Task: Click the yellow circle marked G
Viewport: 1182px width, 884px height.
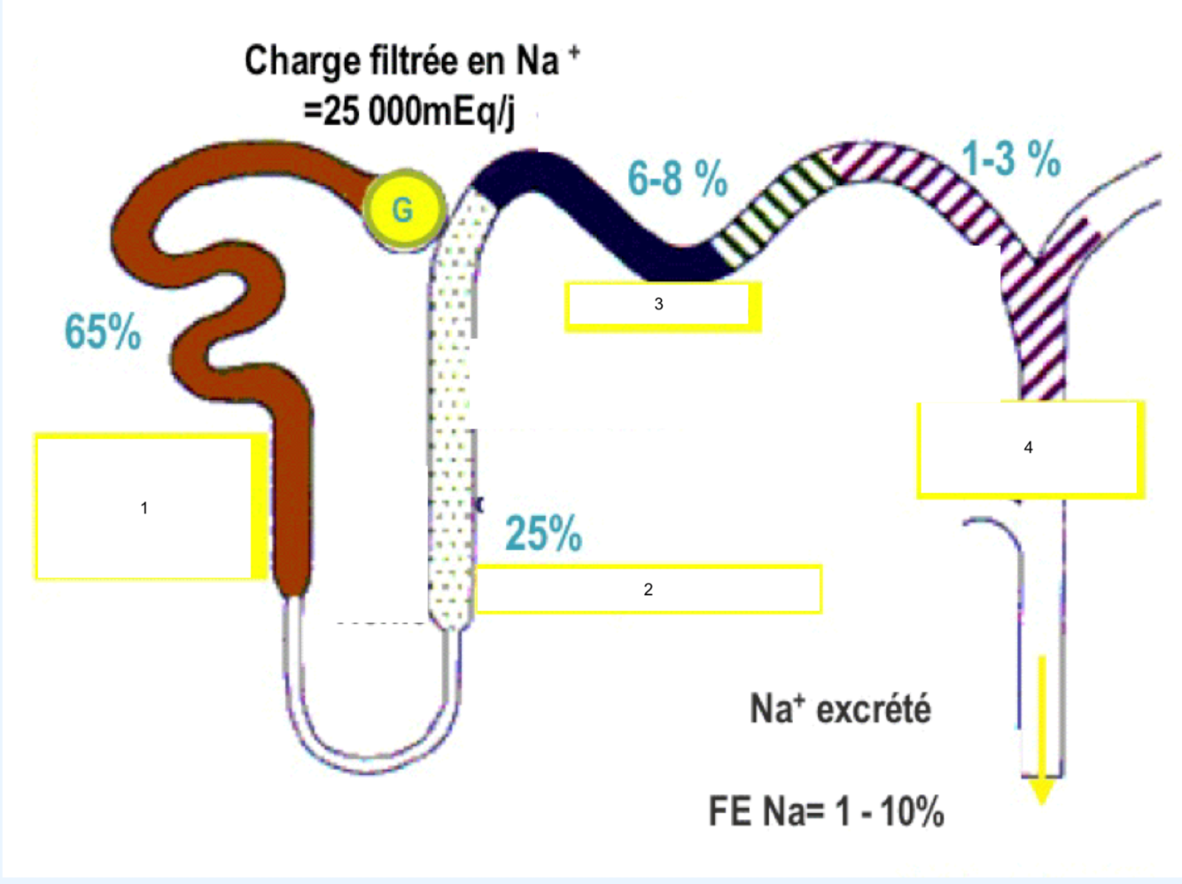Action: [x=403, y=209]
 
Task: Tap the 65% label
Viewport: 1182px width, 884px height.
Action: [x=103, y=332]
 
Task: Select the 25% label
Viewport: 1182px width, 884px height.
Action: [x=543, y=534]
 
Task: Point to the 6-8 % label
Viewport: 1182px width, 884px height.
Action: [x=677, y=178]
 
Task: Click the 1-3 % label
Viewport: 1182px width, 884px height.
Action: [x=1011, y=160]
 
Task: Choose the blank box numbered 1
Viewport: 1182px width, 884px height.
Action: [x=144, y=507]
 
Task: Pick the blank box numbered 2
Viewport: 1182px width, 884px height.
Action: [x=648, y=589]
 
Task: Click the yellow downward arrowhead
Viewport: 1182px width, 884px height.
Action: [x=1042, y=789]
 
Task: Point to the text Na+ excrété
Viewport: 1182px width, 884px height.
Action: [x=840, y=709]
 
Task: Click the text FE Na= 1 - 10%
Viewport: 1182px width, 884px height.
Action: [x=826, y=811]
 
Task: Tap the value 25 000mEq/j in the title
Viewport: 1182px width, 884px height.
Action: [x=409, y=112]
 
